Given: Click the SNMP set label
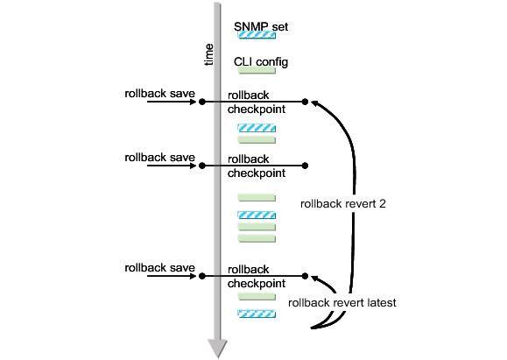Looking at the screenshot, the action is tap(261, 26).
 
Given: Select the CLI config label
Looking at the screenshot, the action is tap(261, 62).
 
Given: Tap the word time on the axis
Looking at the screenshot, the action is tap(209, 54).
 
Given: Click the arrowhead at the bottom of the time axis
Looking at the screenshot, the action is tap(218, 349).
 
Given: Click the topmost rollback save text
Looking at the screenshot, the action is tap(159, 94).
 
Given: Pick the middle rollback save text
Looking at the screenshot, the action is tap(159, 158).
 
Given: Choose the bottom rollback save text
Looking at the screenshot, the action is tap(159, 268).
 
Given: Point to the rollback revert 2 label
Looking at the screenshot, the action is tap(343, 204).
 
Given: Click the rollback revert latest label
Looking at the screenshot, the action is tap(342, 303).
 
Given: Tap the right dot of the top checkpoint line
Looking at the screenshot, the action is tap(305, 102).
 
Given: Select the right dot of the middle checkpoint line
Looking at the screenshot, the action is tap(305, 166).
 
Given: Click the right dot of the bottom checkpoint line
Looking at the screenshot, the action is tap(305, 276).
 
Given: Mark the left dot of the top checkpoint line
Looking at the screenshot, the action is tap(202, 102).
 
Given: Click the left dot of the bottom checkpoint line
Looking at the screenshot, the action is tap(202, 276).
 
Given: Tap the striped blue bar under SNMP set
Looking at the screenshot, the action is tap(257, 35).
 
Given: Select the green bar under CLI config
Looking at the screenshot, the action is tap(257, 70).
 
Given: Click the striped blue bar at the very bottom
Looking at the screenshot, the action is tap(257, 314).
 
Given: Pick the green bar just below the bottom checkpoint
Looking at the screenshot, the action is tap(257, 296).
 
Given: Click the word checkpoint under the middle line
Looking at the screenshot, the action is tap(257, 173).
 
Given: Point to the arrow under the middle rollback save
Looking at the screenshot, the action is tap(172, 166).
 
